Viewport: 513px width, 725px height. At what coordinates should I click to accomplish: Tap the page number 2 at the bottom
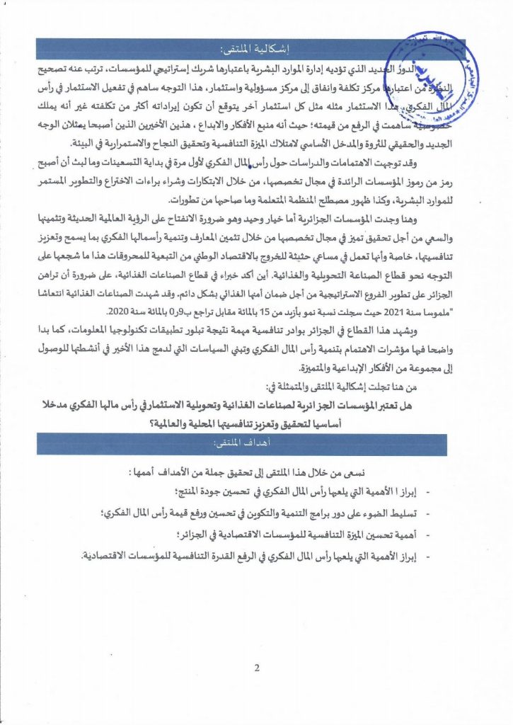pos(257,668)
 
